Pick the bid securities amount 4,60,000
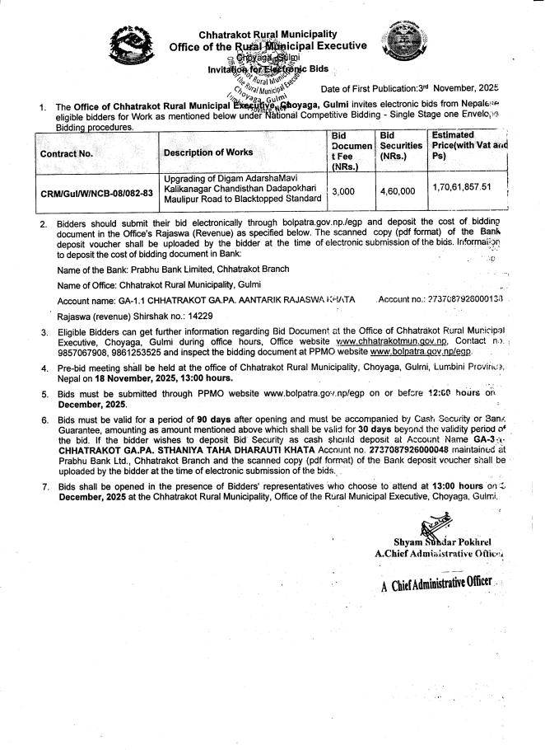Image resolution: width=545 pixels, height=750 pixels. point(397,190)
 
